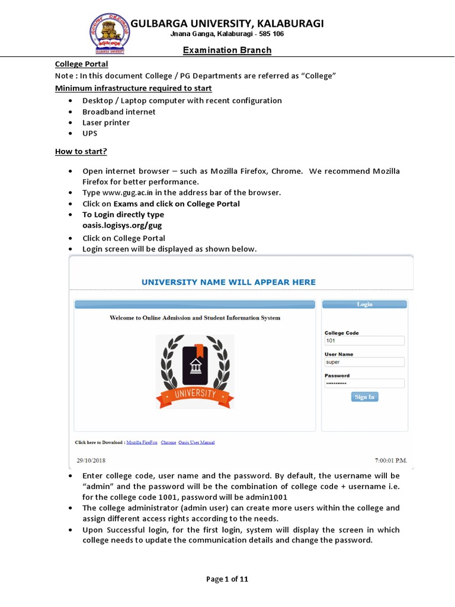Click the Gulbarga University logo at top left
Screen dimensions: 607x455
point(108,33)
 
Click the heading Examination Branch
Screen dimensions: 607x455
point(227,50)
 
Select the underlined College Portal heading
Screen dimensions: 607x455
point(82,64)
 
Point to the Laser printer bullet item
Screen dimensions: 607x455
point(106,123)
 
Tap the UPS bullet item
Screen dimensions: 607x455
point(90,133)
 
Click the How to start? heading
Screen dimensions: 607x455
point(81,152)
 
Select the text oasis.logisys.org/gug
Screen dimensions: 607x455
point(122,225)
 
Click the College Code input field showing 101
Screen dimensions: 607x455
point(364,341)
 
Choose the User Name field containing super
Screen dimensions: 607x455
point(364,362)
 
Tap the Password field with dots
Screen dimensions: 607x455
point(364,384)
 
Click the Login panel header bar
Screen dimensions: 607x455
point(364,304)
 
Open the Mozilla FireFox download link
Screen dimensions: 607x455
point(142,442)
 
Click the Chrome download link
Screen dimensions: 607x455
point(168,442)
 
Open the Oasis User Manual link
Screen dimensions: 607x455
point(197,442)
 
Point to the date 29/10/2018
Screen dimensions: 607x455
point(92,460)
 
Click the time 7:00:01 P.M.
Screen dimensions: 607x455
point(391,460)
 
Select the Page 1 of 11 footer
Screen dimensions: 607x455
point(227,580)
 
